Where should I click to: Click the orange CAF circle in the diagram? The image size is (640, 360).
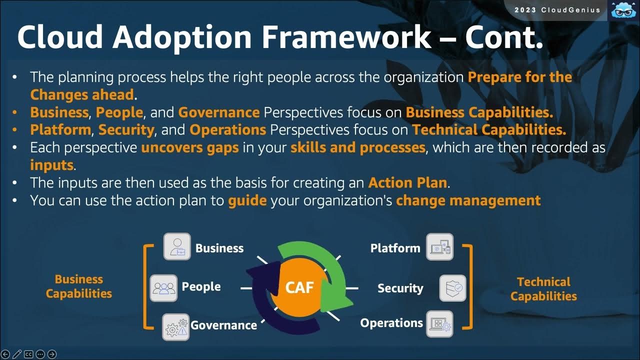[299, 287]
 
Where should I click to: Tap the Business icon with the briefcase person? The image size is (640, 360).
[177, 246]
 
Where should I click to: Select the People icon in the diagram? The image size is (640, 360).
[164, 287]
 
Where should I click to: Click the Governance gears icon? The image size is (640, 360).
[176, 327]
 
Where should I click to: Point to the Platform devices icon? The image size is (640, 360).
[439, 247]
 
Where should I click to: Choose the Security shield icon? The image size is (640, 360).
[452, 288]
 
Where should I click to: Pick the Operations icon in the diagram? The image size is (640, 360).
[439, 323]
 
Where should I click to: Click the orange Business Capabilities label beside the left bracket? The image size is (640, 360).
[78, 286]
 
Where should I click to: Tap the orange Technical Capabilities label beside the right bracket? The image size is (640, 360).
[543, 289]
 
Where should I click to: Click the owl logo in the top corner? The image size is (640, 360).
[622, 10]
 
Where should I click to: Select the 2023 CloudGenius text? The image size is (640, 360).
[557, 10]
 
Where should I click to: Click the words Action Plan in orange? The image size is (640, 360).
[407, 182]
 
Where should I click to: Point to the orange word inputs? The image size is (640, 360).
[52, 164]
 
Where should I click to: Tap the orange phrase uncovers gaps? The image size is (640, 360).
[189, 148]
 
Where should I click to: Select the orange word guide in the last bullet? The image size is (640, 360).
[247, 200]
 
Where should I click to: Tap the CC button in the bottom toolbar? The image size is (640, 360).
[28, 354]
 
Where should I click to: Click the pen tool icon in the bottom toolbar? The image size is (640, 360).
[17, 354]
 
